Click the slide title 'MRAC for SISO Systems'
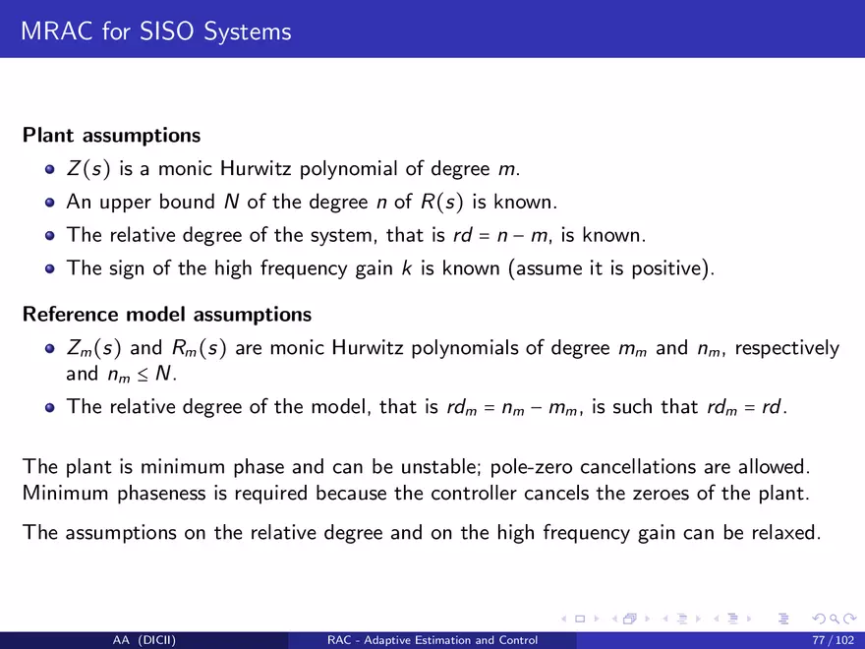(x=156, y=30)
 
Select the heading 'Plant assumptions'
(x=111, y=136)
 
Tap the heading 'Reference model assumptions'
(x=167, y=314)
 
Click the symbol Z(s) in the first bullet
(x=88, y=168)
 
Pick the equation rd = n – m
(x=500, y=235)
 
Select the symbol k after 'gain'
(x=407, y=268)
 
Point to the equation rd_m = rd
(x=744, y=407)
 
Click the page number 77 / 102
(x=833, y=640)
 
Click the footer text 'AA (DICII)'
(x=144, y=640)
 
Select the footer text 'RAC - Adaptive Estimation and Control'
(x=432, y=640)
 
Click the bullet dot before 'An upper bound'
(x=50, y=203)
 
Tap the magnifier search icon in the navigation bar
(x=836, y=619)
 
